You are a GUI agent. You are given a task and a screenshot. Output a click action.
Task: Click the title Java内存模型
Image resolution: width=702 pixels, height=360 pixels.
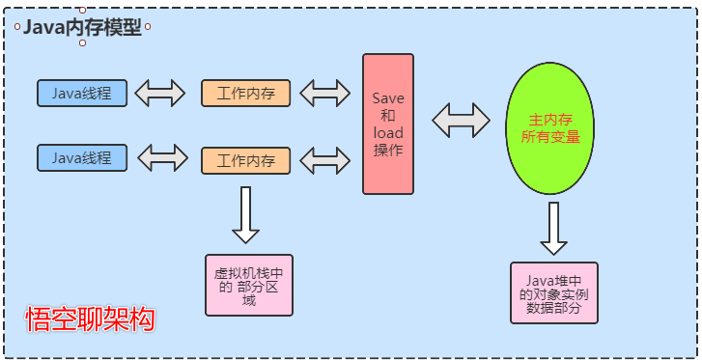[x=82, y=28]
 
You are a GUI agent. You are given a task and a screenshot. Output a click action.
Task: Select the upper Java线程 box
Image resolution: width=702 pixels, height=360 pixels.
[x=81, y=94]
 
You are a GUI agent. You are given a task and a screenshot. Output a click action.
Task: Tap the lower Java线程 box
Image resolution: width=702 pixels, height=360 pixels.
[x=81, y=157]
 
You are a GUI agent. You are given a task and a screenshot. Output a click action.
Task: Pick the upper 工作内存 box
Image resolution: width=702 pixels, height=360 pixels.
[x=245, y=94]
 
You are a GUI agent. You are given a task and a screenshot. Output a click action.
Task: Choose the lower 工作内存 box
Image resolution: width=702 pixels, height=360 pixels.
[x=245, y=160]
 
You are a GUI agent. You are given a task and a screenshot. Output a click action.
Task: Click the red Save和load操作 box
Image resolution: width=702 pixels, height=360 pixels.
[x=388, y=124]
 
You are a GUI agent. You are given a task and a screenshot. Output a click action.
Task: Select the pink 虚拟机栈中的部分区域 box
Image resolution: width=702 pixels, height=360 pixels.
[x=249, y=285]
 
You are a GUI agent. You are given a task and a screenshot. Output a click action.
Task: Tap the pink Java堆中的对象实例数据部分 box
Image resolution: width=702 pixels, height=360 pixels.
[x=553, y=292]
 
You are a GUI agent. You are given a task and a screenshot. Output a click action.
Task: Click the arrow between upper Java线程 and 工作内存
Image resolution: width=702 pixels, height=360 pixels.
[x=161, y=94]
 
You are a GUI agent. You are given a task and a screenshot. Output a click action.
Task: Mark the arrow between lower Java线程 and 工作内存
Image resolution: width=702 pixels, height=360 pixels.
[x=163, y=157]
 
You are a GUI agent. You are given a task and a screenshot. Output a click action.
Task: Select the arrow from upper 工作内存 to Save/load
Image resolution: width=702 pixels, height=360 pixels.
[x=325, y=94]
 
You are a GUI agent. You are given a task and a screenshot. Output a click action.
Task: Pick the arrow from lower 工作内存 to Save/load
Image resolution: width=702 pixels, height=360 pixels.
[x=325, y=158]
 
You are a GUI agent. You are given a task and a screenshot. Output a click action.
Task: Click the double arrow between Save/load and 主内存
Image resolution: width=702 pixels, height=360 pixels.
[x=461, y=121]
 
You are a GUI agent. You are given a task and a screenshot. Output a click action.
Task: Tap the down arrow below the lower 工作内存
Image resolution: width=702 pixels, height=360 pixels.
[x=245, y=214]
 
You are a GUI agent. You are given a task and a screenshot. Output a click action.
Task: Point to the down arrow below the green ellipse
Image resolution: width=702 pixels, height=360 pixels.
[x=552, y=228]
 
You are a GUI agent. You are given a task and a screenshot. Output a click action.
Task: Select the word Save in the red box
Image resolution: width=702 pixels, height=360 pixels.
[x=388, y=98]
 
